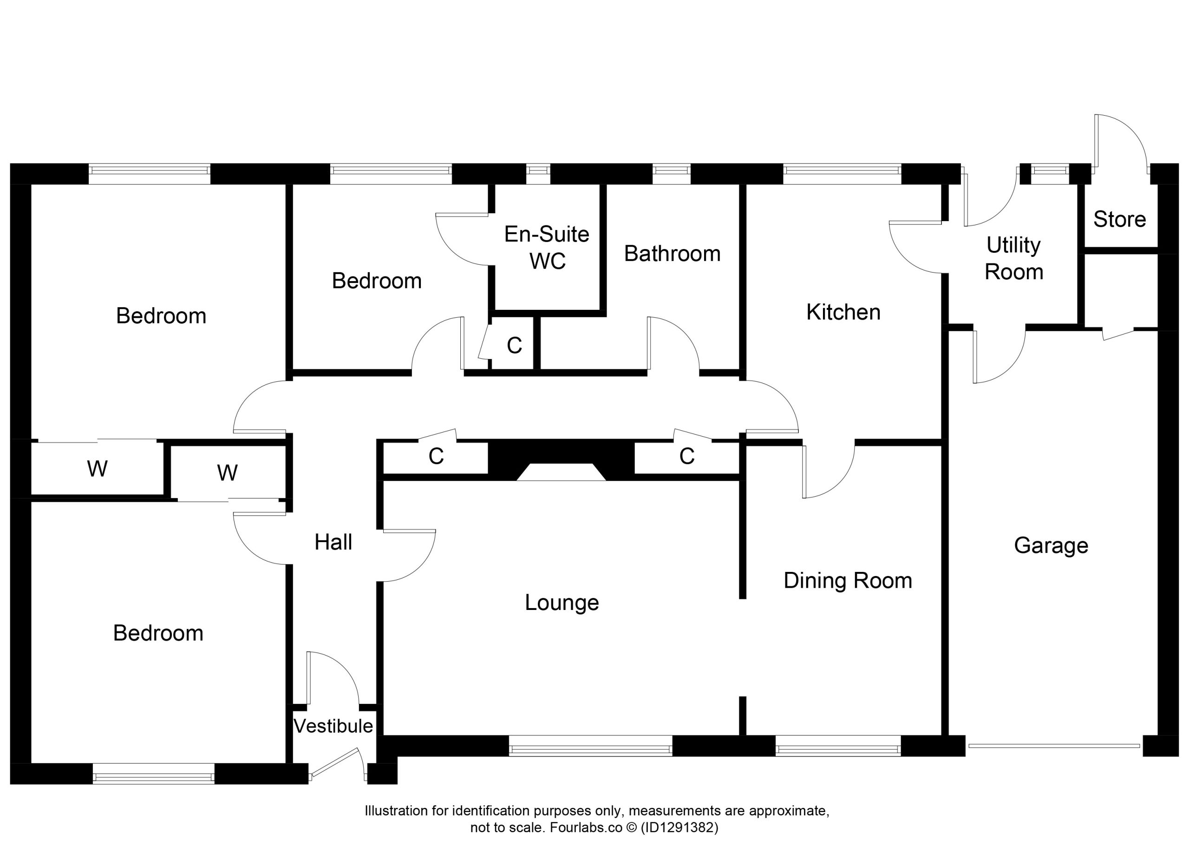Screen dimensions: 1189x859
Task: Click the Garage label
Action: [x=1051, y=546]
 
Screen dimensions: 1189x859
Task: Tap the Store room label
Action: [x=1119, y=219]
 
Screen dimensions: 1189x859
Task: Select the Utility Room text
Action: [x=1013, y=259]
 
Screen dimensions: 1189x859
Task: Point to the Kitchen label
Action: [x=843, y=312]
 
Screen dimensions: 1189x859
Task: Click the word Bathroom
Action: [x=672, y=254]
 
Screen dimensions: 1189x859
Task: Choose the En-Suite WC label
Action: [x=547, y=248]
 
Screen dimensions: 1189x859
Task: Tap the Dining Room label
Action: [x=848, y=581]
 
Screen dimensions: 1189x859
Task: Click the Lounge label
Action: [x=562, y=603]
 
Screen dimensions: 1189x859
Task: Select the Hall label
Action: [x=333, y=542]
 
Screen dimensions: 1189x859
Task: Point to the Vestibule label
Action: [x=333, y=726]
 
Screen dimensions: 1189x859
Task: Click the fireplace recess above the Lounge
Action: [x=561, y=472]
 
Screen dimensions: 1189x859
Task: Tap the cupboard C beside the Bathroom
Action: [x=514, y=345]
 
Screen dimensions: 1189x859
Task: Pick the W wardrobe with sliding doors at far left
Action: [x=98, y=468]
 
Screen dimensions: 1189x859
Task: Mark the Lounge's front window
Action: [x=590, y=745]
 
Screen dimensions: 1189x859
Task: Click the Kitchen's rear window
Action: [x=842, y=174]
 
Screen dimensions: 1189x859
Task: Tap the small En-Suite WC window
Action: [x=538, y=174]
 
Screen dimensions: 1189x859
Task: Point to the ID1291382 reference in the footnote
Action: [x=679, y=827]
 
